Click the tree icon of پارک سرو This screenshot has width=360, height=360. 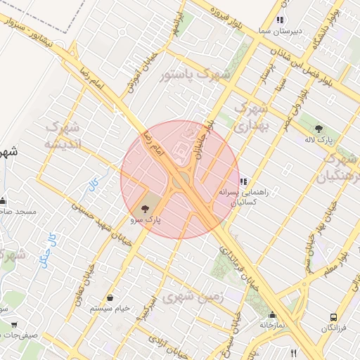(x=145, y=208)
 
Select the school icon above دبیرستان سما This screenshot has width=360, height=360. (x=281, y=20)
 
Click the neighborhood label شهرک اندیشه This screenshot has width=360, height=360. (x=59, y=135)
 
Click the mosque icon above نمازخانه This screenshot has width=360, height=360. (x=272, y=314)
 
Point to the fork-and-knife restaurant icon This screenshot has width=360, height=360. (x=293, y=353)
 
